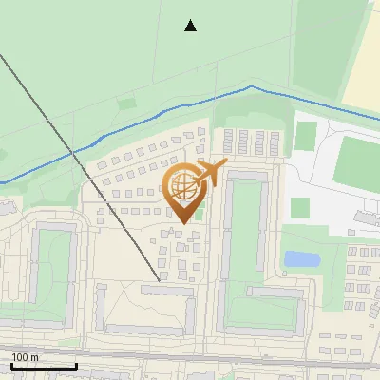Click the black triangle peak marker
191,26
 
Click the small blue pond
301,258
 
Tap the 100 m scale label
25,357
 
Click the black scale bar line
44,366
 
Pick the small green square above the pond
299,207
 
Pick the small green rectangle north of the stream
127,103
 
